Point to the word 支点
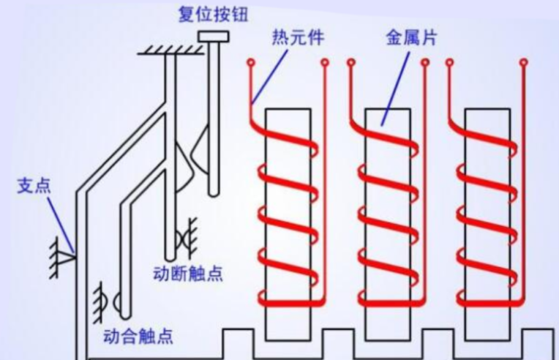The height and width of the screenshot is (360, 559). point(34,185)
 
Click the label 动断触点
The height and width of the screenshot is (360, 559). point(189,274)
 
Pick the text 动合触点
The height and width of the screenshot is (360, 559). point(139,337)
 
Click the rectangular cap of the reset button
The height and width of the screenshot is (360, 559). point(212,36)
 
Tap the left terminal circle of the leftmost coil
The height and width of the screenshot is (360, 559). point(251,64)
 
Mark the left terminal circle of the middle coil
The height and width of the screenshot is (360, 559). point(351,64)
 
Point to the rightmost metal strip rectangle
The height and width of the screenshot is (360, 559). point(487,220)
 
